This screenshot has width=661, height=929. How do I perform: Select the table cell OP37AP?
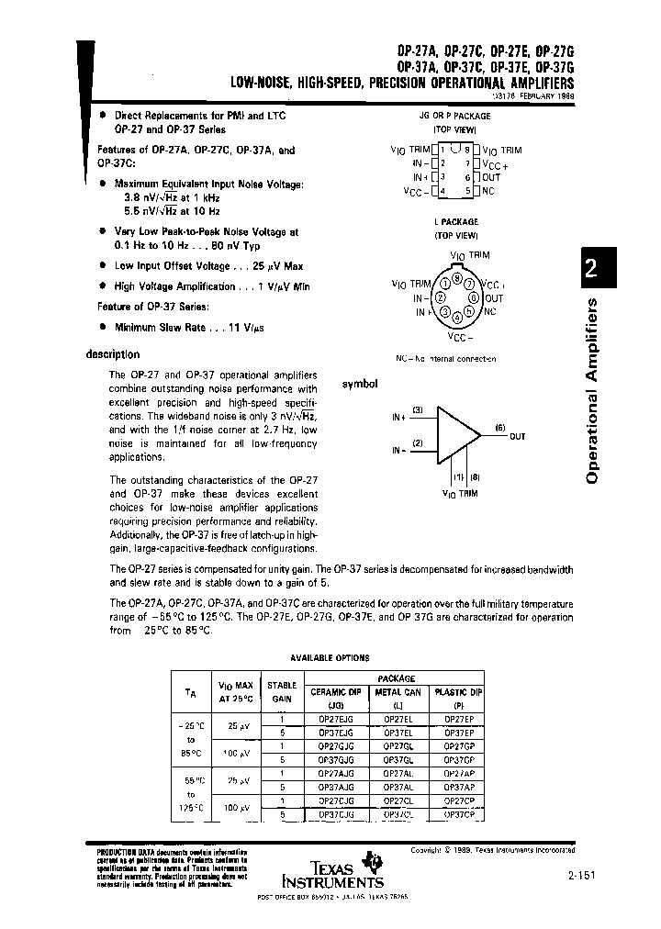click(458, 787)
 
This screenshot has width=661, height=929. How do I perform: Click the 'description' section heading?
click(113, 354)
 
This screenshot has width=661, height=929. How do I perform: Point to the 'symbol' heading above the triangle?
click(360, 384)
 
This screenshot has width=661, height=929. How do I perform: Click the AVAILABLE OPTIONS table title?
click(330, 658)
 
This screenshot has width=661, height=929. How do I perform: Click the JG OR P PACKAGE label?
click(456, 118)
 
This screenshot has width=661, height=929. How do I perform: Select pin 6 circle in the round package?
click(474, 297)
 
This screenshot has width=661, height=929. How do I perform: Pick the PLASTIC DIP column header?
click(458, 691)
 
